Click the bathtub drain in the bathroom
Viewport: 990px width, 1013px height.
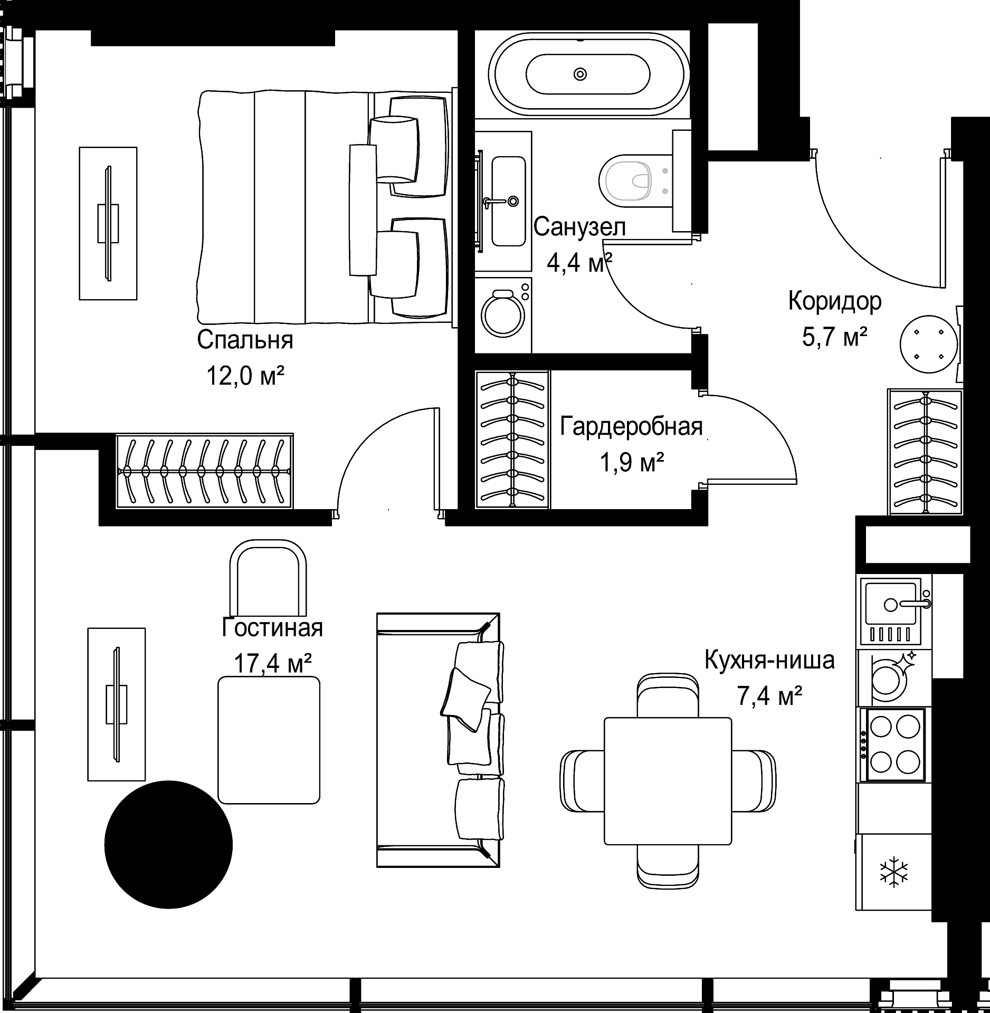pos(580,74)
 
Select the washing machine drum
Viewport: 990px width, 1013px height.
pos(503,315)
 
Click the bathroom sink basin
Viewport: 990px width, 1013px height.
pos(508,200)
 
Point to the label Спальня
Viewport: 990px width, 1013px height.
pos(245,340)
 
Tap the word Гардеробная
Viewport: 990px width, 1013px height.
pos(631,426)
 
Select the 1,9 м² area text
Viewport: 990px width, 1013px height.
pos(631,463)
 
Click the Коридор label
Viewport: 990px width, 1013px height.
pos(835,301)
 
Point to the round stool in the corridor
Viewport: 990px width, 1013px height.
pos(929,344)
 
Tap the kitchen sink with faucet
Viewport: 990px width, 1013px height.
pos(896,611)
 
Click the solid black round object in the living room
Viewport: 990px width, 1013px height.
pos(168,844)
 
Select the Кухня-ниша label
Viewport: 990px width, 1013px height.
pos(770,660)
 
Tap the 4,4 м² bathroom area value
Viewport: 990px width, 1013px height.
pos(579,263)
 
